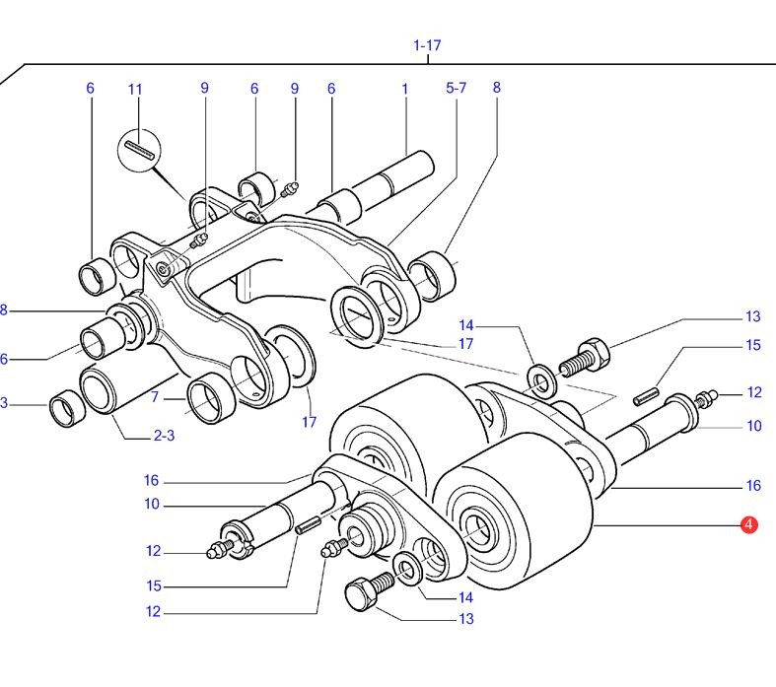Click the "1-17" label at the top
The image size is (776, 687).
(427, 45)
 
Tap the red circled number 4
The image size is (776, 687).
(748, 525)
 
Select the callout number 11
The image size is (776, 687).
(135, 90)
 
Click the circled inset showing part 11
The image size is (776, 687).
(138, 153)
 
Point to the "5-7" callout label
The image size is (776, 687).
(456, 88)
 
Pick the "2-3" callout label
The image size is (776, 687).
(164, 435)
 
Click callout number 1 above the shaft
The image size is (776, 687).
(404, 89)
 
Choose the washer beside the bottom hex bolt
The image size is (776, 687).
(406, 569)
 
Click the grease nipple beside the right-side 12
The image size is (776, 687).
(706, 399)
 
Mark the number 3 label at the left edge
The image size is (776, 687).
(4, 402)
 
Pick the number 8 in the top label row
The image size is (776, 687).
(497, 88)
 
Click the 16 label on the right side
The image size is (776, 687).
(752, 485)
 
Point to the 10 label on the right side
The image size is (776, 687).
(753, 426)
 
